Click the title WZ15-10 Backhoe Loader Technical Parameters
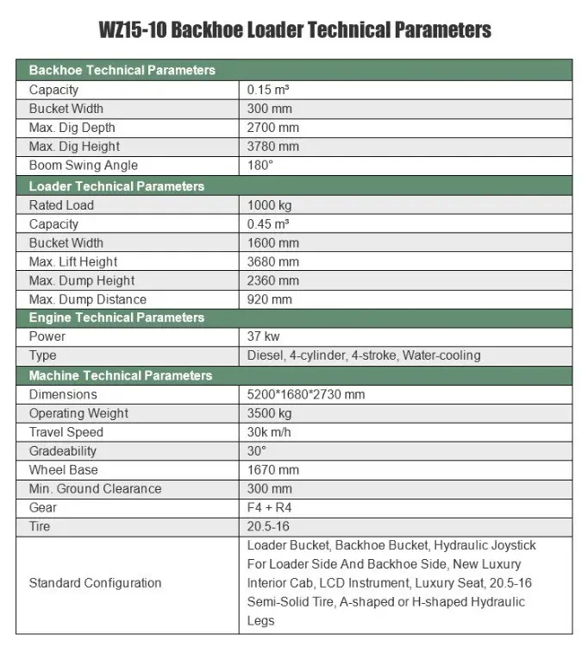(x=294, y=30)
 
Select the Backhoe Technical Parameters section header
(x=122, y=70)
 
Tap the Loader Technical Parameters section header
(x=116, y=186)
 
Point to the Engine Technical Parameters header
(x=116, y=317)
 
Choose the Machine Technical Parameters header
(x=121, y=376)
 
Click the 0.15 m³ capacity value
(x=269, y=90)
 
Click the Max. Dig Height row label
(x=74, y=147)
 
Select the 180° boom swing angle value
(x=260, y=166)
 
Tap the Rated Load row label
(x=61, y=205)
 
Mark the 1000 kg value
(x=271, y=205)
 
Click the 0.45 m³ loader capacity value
(x=269, y=224)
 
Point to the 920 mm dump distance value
(x=270, y=299)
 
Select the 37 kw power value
(x=264, y=336)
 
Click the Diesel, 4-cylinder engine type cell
(x=364, y=355)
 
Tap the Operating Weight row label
(x=78, y=413)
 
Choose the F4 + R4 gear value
(x=270, y=507)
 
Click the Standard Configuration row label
(x=95, y=583)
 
